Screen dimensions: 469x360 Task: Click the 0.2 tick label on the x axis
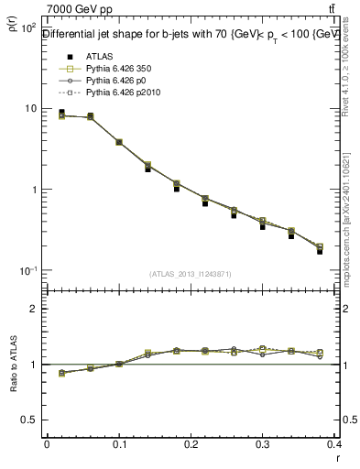coord(191,444)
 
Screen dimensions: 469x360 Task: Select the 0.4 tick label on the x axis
coord(335,444)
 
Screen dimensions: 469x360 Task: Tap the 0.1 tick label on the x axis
coord(119,444)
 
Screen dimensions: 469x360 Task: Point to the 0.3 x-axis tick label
coord(263,444)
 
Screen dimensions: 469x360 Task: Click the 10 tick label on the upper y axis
coord(29,108)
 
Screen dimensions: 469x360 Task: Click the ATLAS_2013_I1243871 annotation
coord(190,274)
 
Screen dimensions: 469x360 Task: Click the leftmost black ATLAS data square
coord(61,113)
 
